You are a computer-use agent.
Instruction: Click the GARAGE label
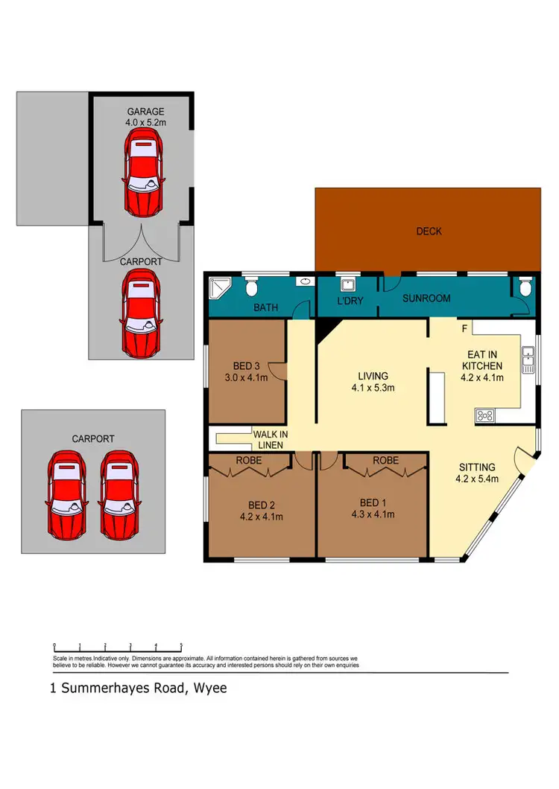coord(145,112)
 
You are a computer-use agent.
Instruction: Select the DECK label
coord(429,231)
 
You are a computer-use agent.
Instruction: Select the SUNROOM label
coord(426,298)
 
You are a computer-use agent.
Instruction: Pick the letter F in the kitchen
coord(463,328)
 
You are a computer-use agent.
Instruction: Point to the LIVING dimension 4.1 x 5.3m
coord(373,388)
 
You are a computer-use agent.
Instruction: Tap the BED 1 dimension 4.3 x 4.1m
coord(372,514)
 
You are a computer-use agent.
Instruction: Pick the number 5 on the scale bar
coord(181,646)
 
